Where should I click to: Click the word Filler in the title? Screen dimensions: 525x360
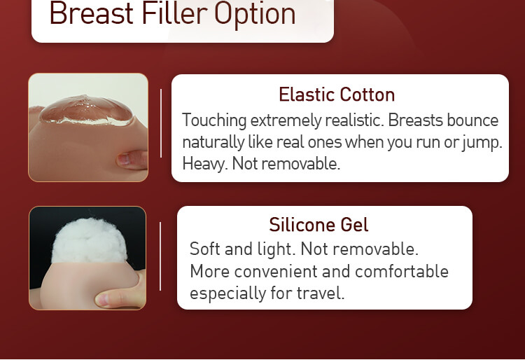pyautogui.click(x=174, y=13)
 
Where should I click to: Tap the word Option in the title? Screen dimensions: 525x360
pyautogui.click(x=255, y=15)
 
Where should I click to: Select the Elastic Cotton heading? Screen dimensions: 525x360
pyautogui.click(x=337, y=95)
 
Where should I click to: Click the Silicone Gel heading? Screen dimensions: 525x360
pyautogui.click(x=318, y=224)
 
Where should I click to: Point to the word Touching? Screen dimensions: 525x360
pyautogui.click(x=214, y=120)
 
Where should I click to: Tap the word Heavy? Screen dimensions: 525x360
pyautogui.click(x=205, y=164)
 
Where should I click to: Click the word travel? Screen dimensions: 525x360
pyautogui.click(x=320, y=293)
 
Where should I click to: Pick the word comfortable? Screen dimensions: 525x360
pyautogui.click(x=402, y=271)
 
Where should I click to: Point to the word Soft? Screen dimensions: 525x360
pyautogui.click(x=204, y=249)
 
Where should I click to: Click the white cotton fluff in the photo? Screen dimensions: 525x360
pyautogui.click(x=90, y=240)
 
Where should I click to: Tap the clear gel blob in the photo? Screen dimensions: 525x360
pyautogui.click(x=87, y=110)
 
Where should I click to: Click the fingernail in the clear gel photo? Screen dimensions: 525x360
pyautogui.click(x=124, y=159)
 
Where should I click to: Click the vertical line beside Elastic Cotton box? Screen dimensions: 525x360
pyautogui.click(x=161, y=123)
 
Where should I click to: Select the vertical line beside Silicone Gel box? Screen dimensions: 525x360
pyautogui.click(x=160, y=256)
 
